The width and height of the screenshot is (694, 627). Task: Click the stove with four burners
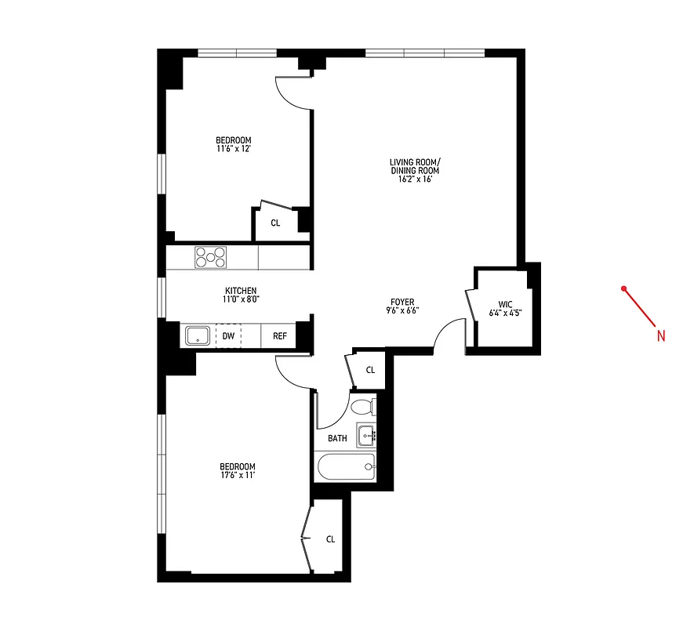pos(210,257)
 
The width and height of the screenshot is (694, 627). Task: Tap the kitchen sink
pos(196,336)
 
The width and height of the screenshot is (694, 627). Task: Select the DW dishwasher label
pos(228,336)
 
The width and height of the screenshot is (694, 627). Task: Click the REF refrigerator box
pos(279,336)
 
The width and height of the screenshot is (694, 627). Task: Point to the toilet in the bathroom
pos(362,408)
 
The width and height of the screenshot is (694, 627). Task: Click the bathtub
pos(345,469)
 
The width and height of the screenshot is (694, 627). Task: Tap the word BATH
pos(337,439)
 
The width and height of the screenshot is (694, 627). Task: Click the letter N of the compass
pos(660,336)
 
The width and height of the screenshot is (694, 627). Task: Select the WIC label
pos(504,304)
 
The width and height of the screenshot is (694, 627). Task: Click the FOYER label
pos(403,302)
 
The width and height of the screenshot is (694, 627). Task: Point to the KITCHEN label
pos(241,291)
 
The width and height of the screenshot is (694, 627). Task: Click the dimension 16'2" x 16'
pos(414,179)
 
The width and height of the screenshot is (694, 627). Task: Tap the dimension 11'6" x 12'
pos(234,148)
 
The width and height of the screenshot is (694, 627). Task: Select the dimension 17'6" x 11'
pos(238,474)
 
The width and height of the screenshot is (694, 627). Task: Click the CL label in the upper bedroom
pos(275,223)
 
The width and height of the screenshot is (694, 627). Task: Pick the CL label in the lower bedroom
pos(330,539)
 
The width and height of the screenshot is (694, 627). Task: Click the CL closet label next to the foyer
pos(369,369)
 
